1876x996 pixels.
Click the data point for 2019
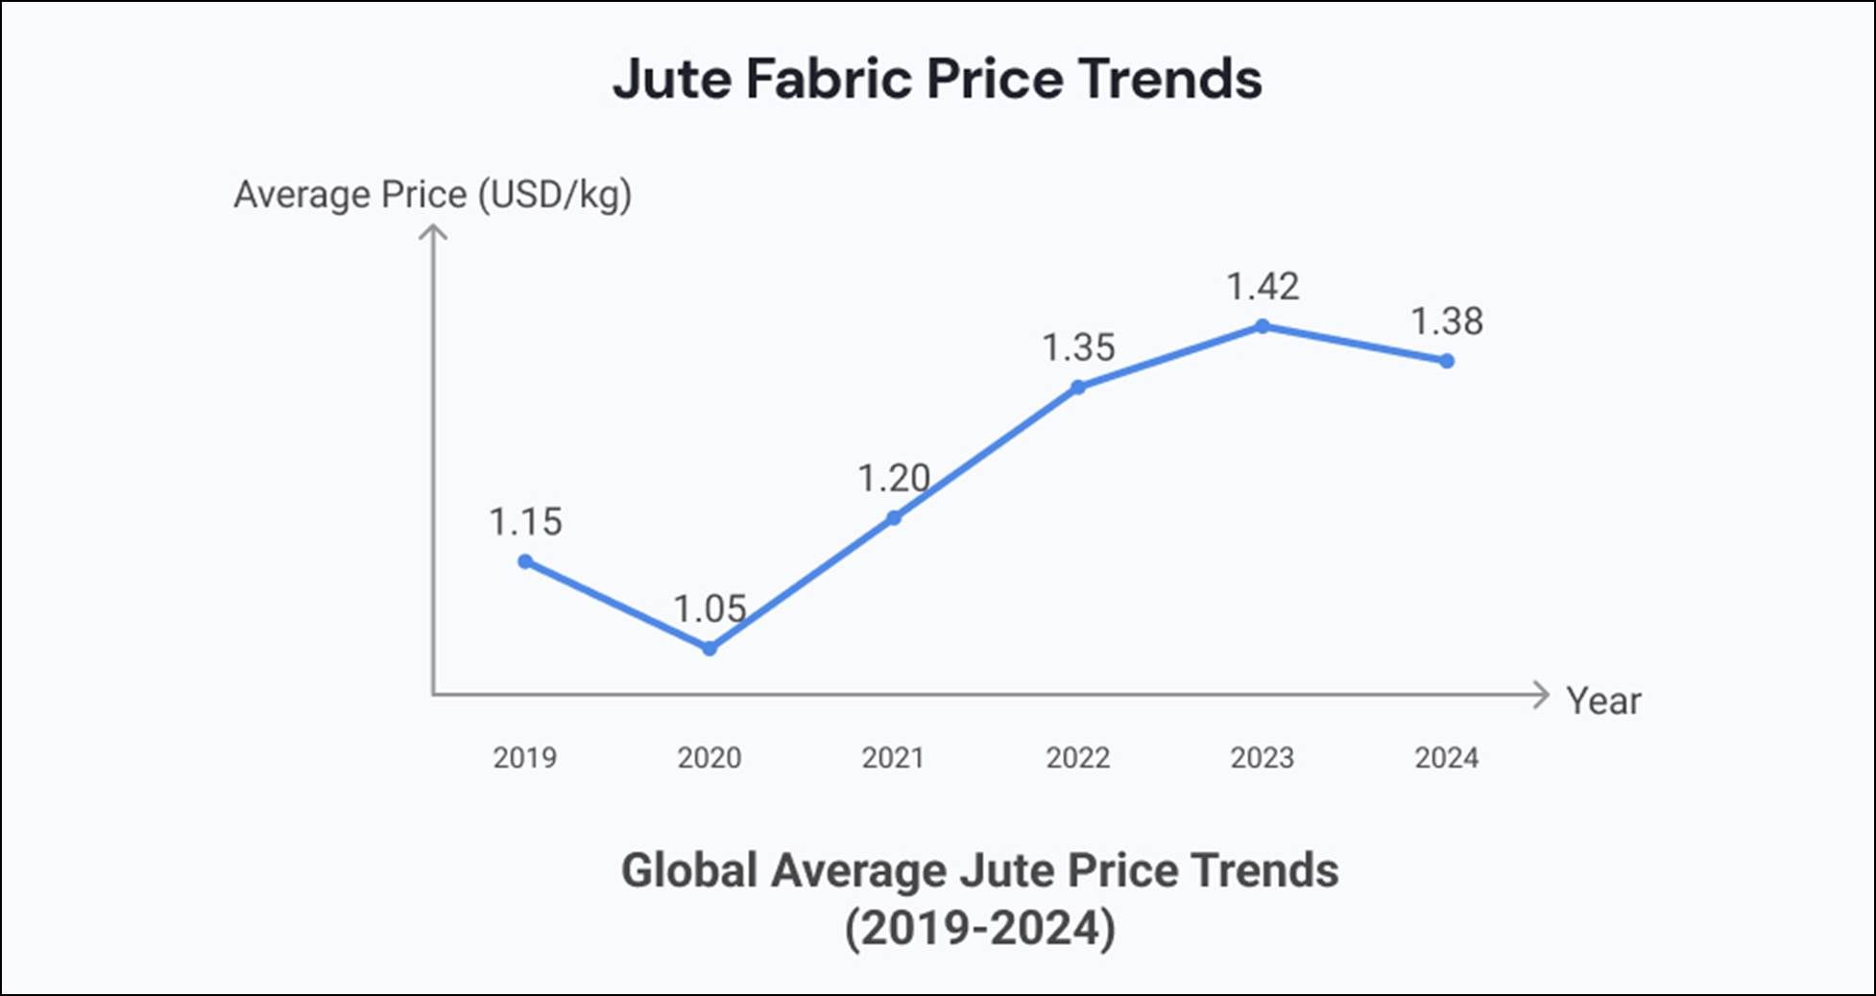click(525, 561)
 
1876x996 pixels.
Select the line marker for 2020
click(710, 649)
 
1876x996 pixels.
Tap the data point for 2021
click(894, 518)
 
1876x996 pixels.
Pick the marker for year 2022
click(1078, 388)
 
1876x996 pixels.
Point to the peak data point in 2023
click(1263, 326)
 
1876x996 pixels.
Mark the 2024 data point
click(1447, 361)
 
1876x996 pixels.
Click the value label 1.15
click(525, 522)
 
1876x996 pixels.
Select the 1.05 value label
click(710, 608)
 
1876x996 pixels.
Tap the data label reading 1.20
click(894, 478)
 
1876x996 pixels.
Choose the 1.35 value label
click(1078, 347)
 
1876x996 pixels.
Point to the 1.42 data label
click(1263, 286)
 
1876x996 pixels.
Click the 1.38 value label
click(1447, 321)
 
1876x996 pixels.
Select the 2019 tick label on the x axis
click(525, 758)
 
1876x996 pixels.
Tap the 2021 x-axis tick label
click(894, 758)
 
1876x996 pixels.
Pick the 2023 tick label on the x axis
click(1263, 758)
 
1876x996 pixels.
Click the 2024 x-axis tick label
click(1447, 758)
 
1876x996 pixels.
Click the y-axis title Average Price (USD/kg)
click(433, 195)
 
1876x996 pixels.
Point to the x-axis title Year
click(1603, 701)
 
